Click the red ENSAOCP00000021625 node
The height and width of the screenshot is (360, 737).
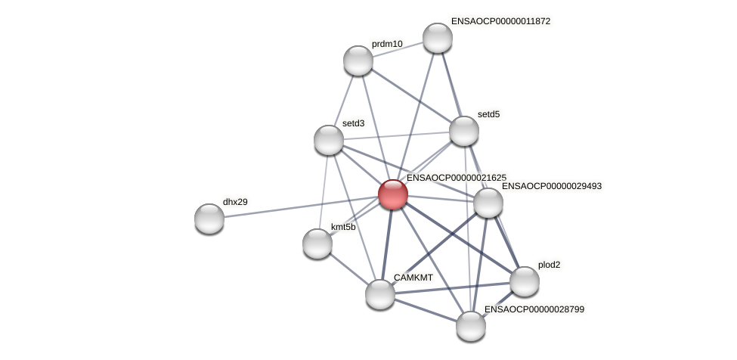click(x=393, y=194)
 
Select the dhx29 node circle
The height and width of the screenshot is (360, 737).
click(x=209, y=219)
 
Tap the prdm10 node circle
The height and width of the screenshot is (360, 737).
click(x=358, y=61)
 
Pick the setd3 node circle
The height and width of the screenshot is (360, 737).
click(x=329, y=140)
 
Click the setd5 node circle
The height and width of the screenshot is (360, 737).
click(x=464, y=131)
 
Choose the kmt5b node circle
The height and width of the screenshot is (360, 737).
click(x=317, y=244)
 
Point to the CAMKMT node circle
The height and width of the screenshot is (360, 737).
click(x=380, y=294)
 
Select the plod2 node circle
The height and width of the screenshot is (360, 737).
click(x=525, y=281)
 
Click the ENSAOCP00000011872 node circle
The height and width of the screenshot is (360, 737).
click(x=438, y=38)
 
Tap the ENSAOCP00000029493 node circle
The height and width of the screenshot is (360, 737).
click(x=488, y=203)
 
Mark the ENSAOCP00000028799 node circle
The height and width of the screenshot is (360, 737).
click(x=471, y=326)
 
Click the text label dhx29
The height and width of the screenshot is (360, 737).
click(x=235, y=202)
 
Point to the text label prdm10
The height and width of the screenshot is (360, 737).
click(x=387, y=44)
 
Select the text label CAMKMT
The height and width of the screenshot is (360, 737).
click(x=413, y=278)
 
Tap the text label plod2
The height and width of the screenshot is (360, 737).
click(x=550, y=265)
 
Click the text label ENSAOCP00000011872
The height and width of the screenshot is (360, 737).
click(x=500, y=21)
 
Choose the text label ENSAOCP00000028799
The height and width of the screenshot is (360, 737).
click(x=534, y=309)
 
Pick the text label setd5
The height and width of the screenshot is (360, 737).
click(x=489, y=114)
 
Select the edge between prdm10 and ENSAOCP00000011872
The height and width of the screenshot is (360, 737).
click(x=398, y=49)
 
